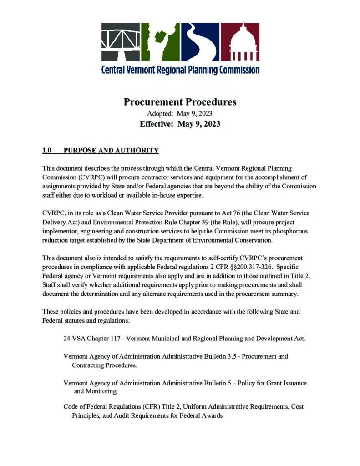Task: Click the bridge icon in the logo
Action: [120, 41]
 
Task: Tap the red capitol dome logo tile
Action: [240, 41]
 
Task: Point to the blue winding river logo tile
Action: [200, 41]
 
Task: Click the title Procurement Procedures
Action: [180, 102]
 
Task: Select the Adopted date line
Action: [180, 113]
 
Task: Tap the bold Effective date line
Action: [180, 124]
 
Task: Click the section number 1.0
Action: [47, 151]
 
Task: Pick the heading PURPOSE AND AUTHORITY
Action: [111, 151]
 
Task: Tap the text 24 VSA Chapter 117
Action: [95, 339]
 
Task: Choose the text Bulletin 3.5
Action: [221, 356]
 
